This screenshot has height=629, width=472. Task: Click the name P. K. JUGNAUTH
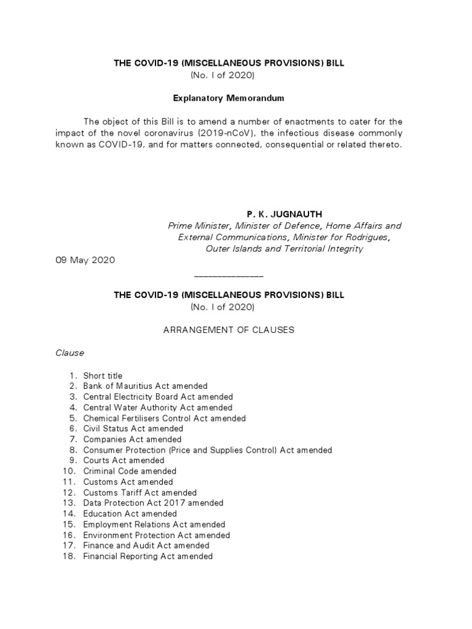(x=285, y=214)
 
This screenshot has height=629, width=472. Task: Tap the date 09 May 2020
(x=85, y=260)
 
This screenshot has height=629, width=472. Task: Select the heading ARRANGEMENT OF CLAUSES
(x=229, y=330)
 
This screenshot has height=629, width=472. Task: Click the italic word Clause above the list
(x=69, y=353)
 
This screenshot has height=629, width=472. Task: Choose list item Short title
(x=103, y=376)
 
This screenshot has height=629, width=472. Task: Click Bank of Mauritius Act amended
(x=145, y=386)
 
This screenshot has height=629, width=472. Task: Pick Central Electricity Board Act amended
(x=158, y=397)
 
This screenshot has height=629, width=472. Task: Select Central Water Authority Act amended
(x=157, y=407)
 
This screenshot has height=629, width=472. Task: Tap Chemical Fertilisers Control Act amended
(x=164, y=418)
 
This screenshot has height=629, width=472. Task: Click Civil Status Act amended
(x=133, y=429)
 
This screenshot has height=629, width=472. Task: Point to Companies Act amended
(x=132, y=439)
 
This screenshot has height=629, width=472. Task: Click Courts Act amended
(x=124, y=460)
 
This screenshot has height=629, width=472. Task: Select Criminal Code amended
(x=130, y=471)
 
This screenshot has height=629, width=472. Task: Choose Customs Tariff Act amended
(x=140, y=493)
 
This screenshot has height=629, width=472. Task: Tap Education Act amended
(x=130, y=514)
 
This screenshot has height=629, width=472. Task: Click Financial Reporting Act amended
(x=147, y=556)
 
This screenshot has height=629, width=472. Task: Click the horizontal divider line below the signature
(x=229, y=277)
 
